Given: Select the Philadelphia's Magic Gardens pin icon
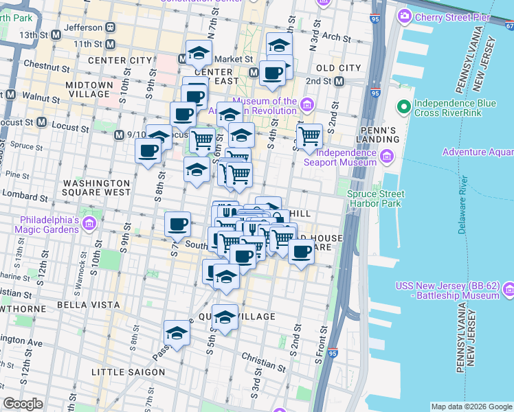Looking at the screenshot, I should tap(89, 223).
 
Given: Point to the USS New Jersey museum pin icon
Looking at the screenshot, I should tap(509, 288).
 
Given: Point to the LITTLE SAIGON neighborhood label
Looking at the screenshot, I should tap(128, 372).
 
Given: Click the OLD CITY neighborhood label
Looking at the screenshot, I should tap(338, 68).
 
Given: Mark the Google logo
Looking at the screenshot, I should tap(23, 404).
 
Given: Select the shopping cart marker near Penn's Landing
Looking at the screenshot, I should tap(309, 137).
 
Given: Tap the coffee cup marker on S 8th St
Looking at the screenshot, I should tap(148, 151).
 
